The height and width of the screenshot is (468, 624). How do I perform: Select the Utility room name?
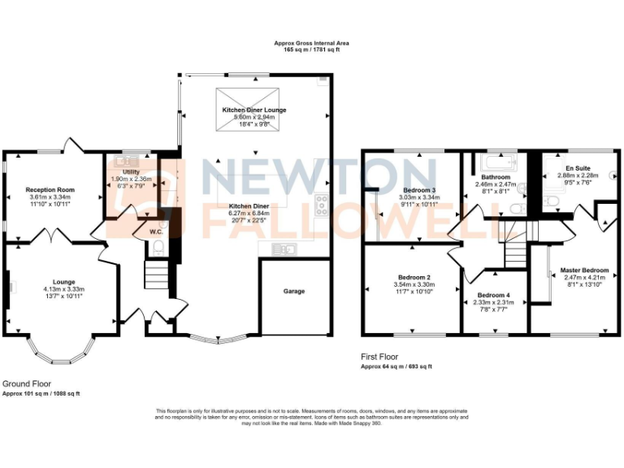tap(131, 172)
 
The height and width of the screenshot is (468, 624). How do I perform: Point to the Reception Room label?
tap(50, 189)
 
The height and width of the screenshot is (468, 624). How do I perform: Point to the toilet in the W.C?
tap(159, 247)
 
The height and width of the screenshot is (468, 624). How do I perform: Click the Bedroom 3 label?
tap(419, 190)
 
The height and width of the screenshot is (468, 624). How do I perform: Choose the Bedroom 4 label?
tap(494, 295)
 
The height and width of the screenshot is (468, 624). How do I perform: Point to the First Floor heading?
tap(382, 357)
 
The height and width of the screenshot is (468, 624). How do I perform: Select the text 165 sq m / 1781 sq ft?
tap(312, 50)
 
